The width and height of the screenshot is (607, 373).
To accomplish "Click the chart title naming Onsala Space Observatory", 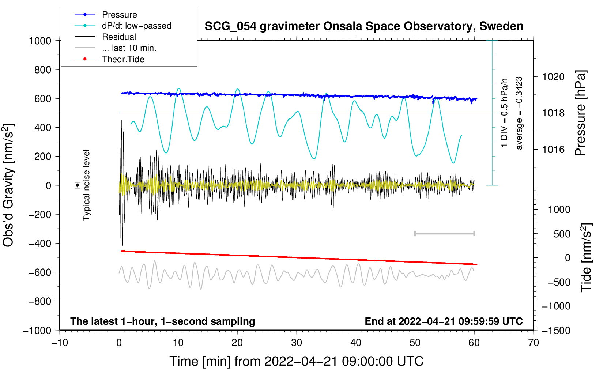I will tap(364, 26).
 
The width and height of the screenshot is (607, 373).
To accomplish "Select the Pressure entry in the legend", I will tap(119, 15).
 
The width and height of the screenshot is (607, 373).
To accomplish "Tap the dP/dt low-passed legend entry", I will tap(136, 26).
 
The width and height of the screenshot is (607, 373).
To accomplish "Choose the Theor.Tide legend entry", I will tap(123, 59).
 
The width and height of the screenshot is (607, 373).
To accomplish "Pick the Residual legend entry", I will tap(119, 37).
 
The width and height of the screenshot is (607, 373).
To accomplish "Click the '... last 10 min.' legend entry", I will tap(129, 48).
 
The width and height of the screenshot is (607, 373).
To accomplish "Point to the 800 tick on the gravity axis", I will tap(42, 69).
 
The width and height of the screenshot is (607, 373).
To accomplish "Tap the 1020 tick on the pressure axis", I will tap(553, 77).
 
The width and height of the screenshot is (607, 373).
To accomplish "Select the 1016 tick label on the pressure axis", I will tap(553, 150).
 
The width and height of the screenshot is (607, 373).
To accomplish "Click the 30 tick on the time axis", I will tap(297, 343).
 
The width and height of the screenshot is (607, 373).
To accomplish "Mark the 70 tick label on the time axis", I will tap(534, 343).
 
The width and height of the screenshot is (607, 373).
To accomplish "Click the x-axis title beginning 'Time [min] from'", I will tap(296, 361).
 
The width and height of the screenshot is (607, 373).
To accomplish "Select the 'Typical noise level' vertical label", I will tap(86, 185).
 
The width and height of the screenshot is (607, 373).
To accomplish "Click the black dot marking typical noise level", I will tap(78, 185).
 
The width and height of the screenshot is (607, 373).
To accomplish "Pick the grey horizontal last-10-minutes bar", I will tap(444, 233).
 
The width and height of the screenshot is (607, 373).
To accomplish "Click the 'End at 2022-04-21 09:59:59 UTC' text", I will tap(444, 321).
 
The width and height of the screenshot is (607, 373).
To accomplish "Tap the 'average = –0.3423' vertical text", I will tap(519, 113).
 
